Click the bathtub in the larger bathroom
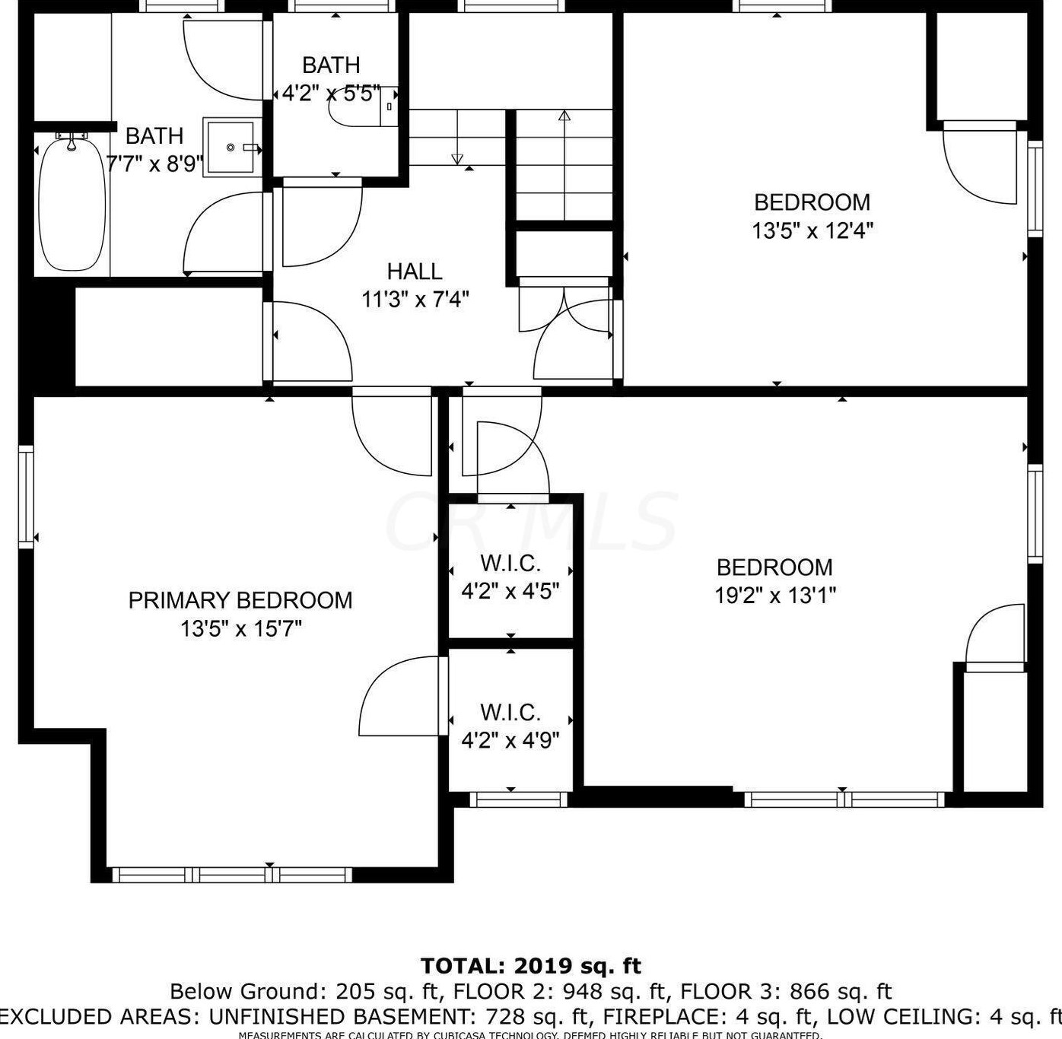[72, 204]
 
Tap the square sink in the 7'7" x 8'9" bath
[229, 147]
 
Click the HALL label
[415, 271]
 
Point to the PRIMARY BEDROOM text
[240, 600]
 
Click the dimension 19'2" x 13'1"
[774, 595]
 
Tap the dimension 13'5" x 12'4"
[812, 230]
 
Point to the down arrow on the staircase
[457, 157]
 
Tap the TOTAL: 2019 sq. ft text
[530, 966]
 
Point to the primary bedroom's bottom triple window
[232, 875]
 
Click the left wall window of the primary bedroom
[27, 497]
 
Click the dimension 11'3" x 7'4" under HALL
[415, 299]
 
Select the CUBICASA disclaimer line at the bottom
[530, 1034]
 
